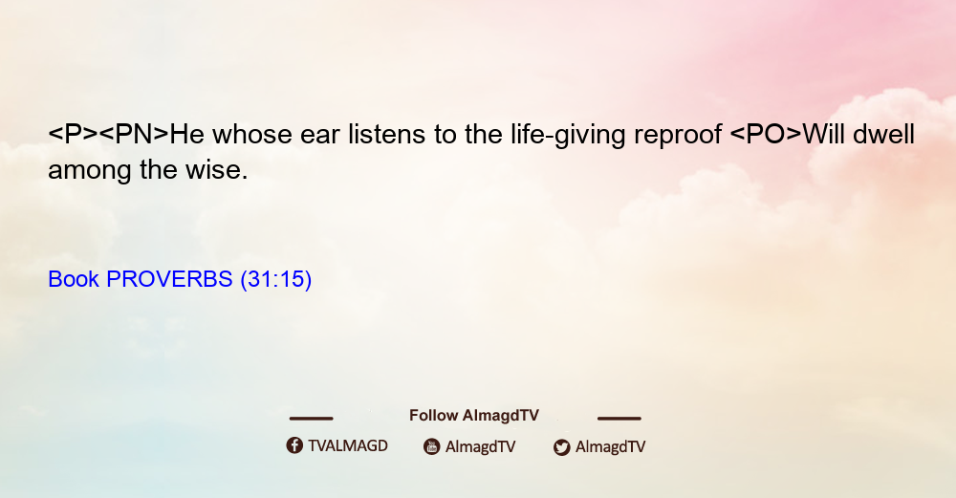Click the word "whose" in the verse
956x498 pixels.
click(x=252, y=134)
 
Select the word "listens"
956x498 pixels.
click(x=386, y=134)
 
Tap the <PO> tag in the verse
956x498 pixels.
click(x=766, y=134)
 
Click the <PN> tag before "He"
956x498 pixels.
click(x=134, y=134)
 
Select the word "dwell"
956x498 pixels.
click(x=883, y=134)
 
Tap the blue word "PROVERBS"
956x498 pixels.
click(x=169, y=279)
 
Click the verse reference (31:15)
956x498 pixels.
click(x=276, y=279)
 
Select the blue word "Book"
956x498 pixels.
click(x=74, y=279)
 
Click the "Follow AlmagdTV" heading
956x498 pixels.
click(x=474, y=416)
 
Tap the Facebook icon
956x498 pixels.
click(x=294, y=445)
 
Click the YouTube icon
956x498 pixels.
click(x=432, y=446)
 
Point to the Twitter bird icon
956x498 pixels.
click(x=561, y=447)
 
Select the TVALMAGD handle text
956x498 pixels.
click(x=348, y=446)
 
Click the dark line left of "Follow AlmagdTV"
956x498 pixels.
click(x=311, y=419)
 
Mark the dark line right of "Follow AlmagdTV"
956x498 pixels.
click(x=619, y=419)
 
